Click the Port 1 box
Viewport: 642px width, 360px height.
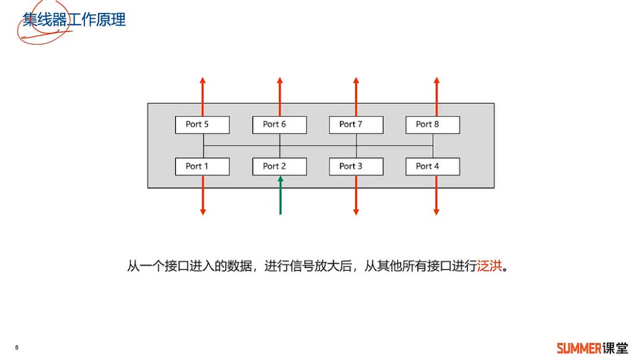pos(202,166)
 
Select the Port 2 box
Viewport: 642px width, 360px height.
pos(279,166)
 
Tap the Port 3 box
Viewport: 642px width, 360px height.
pos(356,166)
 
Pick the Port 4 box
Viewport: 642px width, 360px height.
pos(433,166)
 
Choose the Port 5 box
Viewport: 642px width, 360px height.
pos(202,124)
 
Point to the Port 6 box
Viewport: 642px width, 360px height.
pos(279,124)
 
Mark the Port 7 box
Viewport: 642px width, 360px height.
pos(356,124)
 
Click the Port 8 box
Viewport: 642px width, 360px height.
pos(433,124)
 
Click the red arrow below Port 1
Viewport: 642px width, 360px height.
pos(203,196)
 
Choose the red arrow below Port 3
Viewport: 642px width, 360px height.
pos(356,196)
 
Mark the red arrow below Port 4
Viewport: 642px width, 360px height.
pos(436,196)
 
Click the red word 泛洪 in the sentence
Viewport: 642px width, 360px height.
pos(490,266)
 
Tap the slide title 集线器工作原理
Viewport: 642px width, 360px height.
pos(74,20)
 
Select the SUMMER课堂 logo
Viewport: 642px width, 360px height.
pos(592,348)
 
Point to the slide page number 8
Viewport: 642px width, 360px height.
pos(17,348)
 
